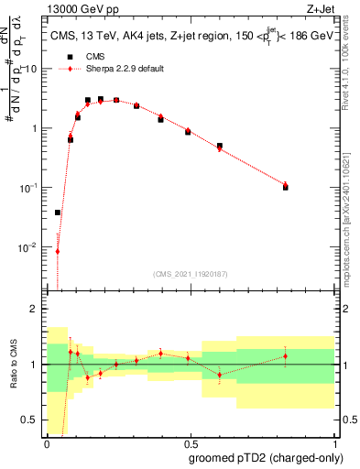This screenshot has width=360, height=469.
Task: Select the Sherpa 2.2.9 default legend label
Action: click(126, 69)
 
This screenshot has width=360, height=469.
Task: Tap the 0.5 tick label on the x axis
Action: click(191, 442)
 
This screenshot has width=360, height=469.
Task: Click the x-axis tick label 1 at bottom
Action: click(335, 442)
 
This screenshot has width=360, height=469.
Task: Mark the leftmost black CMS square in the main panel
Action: click(58, 213)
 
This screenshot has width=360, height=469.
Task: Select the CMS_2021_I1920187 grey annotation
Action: click(191, 274)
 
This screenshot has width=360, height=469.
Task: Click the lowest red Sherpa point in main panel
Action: click(58, 251)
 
